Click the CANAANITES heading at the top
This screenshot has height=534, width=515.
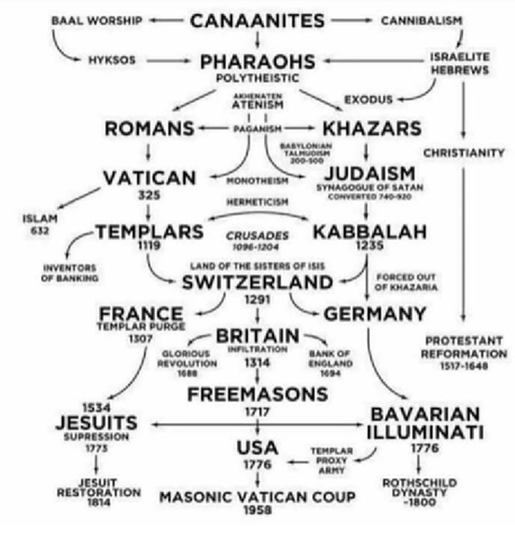[x=257, y=21]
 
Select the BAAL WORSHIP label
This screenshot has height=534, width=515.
[x=96, y=21]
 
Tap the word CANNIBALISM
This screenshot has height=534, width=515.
[x=421, y=21]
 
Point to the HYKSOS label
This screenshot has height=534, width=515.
[x=112, y=60]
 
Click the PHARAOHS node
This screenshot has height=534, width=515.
[x=257, y=62]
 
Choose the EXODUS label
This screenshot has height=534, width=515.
[x=368, y=99]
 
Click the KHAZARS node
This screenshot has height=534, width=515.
[x=372, y=128]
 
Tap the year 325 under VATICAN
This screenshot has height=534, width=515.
[x=149, y=196]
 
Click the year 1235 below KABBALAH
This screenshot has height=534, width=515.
[x=369, y=244]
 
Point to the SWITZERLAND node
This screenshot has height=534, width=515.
[x=257, y=282]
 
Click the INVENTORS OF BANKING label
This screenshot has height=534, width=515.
[x=70, y=273]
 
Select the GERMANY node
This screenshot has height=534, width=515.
[x=375, y=314]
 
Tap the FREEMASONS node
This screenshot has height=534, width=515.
[x=257, y=394]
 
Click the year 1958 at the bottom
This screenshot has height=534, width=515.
[x=257, y=510]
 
